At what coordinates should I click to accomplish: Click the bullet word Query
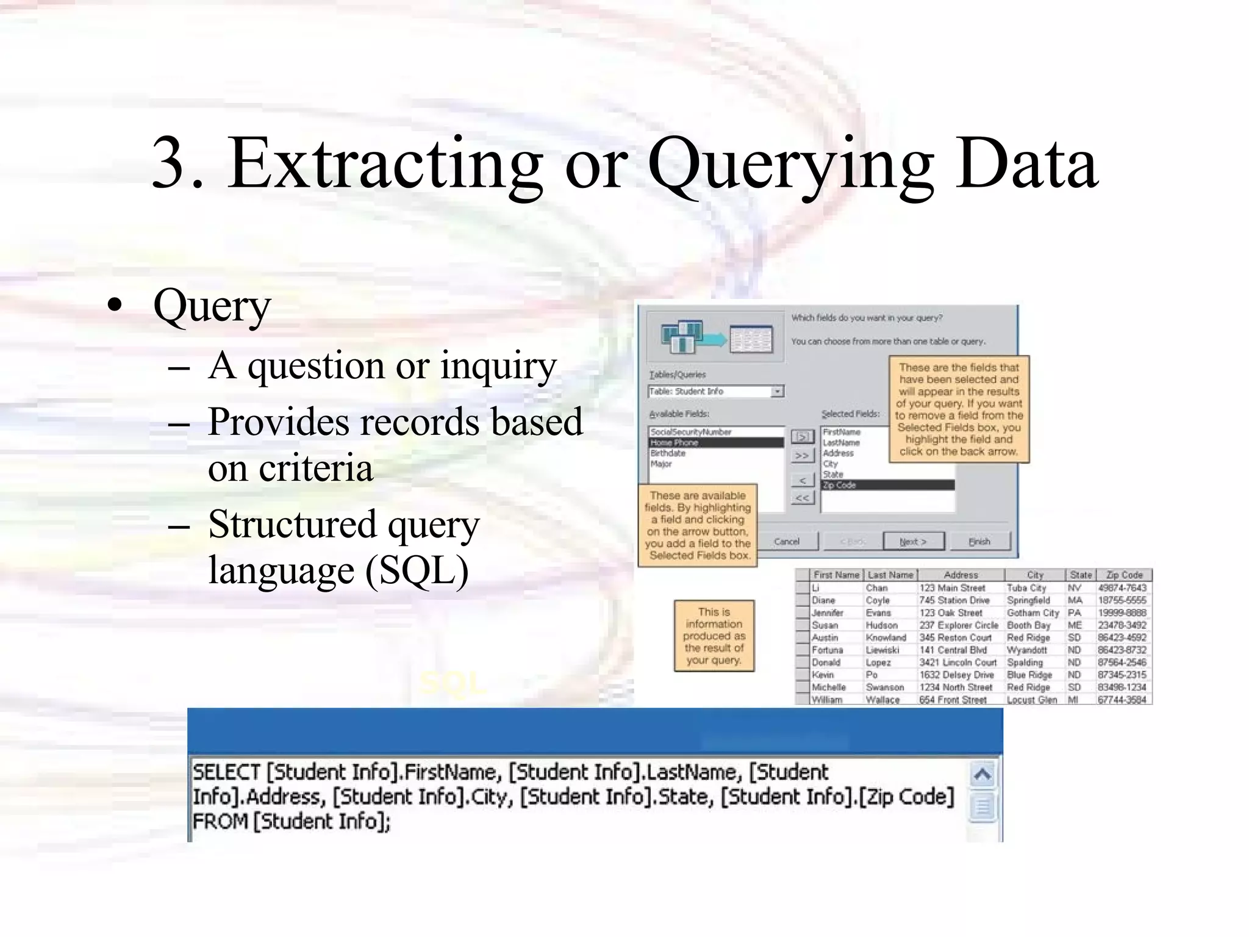[x=212, y=306]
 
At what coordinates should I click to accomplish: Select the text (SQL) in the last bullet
[x=417, y=571]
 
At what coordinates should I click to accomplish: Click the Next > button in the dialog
[x=913, y=541]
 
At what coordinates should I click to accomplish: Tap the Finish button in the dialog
[x=979, y=541]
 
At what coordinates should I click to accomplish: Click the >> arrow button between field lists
[x=802, y=456]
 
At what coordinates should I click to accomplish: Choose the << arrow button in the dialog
[x=802, y=498]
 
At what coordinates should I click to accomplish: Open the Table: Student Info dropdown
[x=777, y=392]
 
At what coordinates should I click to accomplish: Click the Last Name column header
[x=890, y=575]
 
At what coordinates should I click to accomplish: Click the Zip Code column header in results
[x=1123, y=575]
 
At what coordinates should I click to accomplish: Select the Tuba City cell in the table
[x=1026, y=588]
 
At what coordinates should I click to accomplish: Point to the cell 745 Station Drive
[x=954, y=600]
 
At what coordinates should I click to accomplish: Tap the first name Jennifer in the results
[x=828, y=612]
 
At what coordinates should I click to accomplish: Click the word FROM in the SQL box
[x=220, y=821]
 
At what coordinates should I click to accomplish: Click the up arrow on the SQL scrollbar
[x=982, y=775]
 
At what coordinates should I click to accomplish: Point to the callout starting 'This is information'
[x=714, y=636]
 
